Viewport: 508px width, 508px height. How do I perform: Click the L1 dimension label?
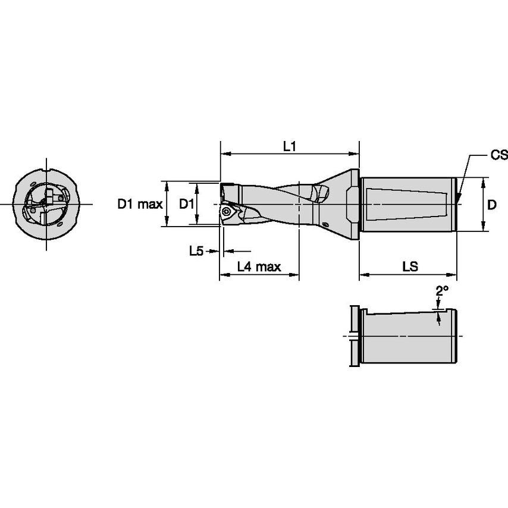(290, 146)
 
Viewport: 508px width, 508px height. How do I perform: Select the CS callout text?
(498, 155)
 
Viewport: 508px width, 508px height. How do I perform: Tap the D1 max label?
(139, 205)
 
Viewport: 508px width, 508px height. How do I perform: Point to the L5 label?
(196, 252)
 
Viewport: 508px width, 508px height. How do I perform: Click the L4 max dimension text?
(259, 267)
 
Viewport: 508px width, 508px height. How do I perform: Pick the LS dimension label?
(409, 267)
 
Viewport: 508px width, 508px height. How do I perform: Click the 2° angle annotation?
(441, 291)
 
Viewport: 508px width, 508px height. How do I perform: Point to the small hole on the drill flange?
(327, 224)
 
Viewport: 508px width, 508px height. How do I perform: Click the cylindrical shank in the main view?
(407, 204)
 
